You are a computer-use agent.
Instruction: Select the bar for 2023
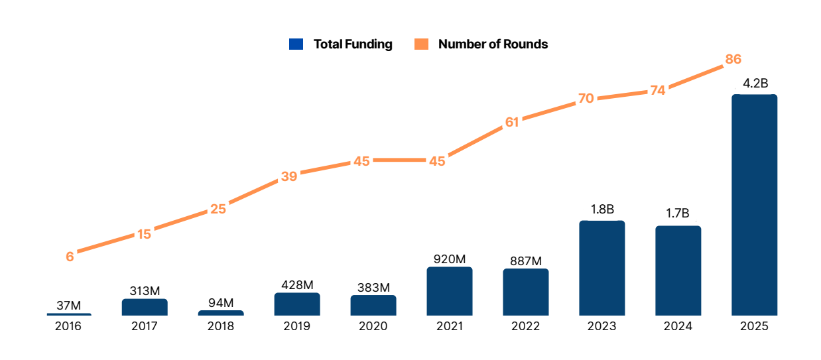coord(601,268)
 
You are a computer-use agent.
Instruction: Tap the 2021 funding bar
coord(449,291)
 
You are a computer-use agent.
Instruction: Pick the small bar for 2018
coord(221,312)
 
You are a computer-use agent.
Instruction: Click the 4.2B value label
coord(755,84)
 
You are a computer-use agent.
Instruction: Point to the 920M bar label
coord(450,259)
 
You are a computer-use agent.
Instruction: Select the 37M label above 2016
coord(68,306)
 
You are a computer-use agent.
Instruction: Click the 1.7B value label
coord(678,213)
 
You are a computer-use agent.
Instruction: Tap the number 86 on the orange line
coord(733,59)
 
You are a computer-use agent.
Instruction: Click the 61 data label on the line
coord(512,122)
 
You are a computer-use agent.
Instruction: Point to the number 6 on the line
coord(70,256)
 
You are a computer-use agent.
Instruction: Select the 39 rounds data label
coord(289,176)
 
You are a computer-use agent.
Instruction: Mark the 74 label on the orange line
coord(657,91)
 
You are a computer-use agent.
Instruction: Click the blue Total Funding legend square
coord(296,44)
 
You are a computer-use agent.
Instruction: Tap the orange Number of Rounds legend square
coord(421,44)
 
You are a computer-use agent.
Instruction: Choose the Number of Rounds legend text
coord(493,44)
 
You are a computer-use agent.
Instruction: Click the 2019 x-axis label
coord(296,326)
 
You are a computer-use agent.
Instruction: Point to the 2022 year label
coord(525,326)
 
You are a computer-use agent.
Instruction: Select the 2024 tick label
coord(678,326)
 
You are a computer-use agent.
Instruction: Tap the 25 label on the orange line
coord(218,209)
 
